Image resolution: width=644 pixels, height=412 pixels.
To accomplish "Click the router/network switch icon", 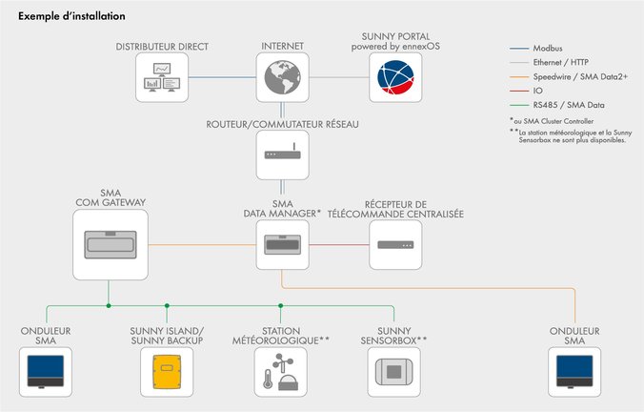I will click(x=283, y=154).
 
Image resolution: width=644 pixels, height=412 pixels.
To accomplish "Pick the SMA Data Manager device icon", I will click(x=283, y=246).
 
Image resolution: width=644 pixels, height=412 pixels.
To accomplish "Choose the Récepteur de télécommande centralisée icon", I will click(x=395, y=246).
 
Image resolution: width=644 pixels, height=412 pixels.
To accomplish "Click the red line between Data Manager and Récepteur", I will click(x=338, y=246).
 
